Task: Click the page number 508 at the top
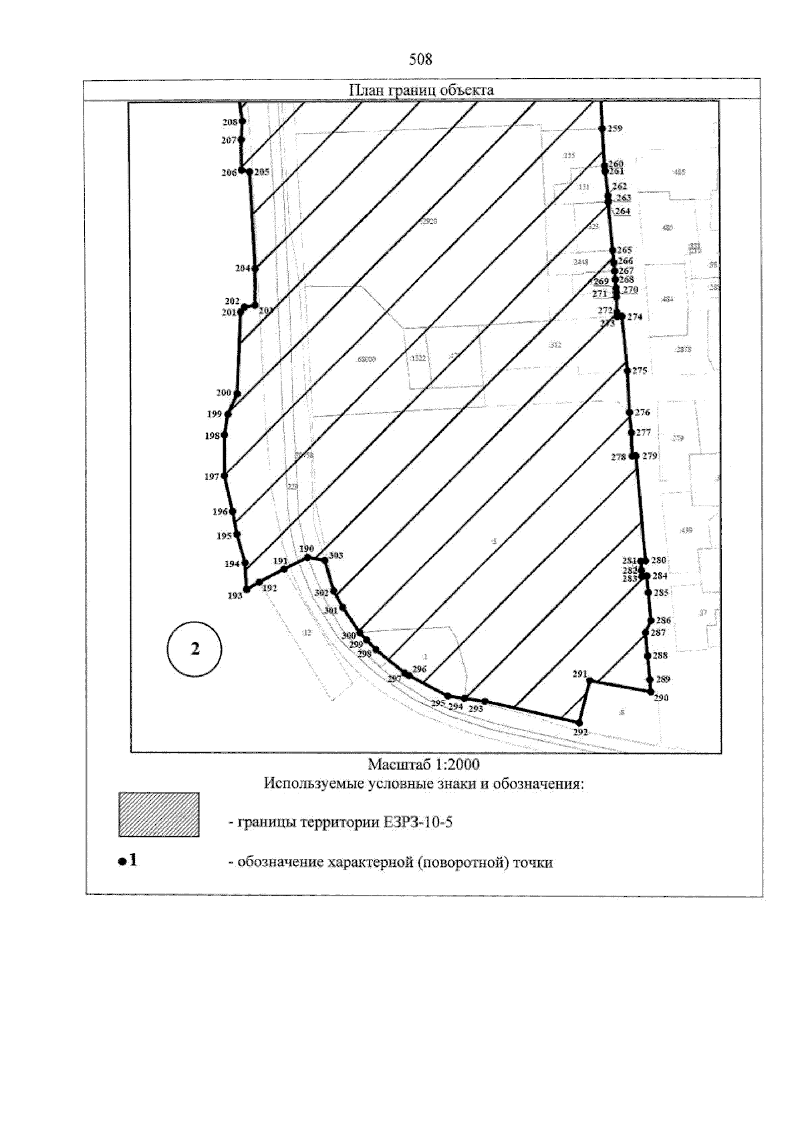(x=420, y=59)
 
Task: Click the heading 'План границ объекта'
(x=422, y=90)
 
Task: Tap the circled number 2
(x=195, y=648)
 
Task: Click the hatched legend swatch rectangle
(x=158, y=814)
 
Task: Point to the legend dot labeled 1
(x=122, y=862)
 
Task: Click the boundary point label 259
(x=615, y=129)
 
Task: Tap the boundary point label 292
(x=580, y=732)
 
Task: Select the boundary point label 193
(x=235, y=596)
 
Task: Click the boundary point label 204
(x=243, y=268)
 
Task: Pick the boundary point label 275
(x=640, y=371)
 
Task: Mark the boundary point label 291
(x=579, y=674)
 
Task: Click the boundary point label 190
(x=306, y=548)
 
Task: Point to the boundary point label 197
(x=212, y=477)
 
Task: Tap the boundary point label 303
(x=336, y=556)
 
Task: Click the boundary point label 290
(x=661, y=699)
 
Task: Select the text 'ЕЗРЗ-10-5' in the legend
(x=422, y=822)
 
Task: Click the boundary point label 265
(x=625, y=250)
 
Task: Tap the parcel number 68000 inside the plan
(x=366, y=359)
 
